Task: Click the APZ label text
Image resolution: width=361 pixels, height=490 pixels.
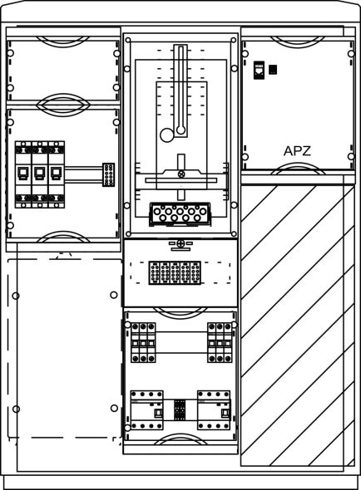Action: point(297,151)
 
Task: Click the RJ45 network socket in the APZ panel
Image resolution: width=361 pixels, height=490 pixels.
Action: point(259,71)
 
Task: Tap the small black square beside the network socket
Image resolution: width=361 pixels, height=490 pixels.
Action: point(273,70)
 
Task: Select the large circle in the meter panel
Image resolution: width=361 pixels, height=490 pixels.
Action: point(167,135)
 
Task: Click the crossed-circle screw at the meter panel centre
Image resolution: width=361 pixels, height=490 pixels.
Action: point(181,174)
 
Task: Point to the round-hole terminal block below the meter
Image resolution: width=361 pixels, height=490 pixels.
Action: point(180,214)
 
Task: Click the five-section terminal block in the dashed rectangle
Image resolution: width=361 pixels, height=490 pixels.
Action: point(175,272)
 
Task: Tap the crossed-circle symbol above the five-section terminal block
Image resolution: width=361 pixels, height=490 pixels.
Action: point(180,243)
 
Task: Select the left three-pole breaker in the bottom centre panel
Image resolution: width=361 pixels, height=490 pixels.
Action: point(143,343)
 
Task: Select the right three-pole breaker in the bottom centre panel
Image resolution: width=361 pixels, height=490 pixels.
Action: point(220,343)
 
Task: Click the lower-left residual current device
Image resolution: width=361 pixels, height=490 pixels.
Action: point(147,410)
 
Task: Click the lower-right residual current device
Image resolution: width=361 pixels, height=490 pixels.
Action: point(214,410)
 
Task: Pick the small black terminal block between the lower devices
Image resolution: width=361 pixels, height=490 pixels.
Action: point(180,409)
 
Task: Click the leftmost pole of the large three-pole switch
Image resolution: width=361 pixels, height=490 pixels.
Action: point(23,174)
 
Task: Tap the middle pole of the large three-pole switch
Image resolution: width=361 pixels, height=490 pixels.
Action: point(40,174)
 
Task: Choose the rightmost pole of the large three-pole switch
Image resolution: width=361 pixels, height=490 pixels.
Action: point(57,174)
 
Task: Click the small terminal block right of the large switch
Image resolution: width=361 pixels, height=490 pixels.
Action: point(109,174)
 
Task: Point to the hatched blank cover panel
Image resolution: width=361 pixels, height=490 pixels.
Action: point(298,326)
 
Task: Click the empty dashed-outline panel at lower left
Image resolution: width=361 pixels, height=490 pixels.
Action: point(65,348)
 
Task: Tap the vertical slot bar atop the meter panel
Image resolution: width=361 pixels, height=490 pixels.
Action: point(180,91)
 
